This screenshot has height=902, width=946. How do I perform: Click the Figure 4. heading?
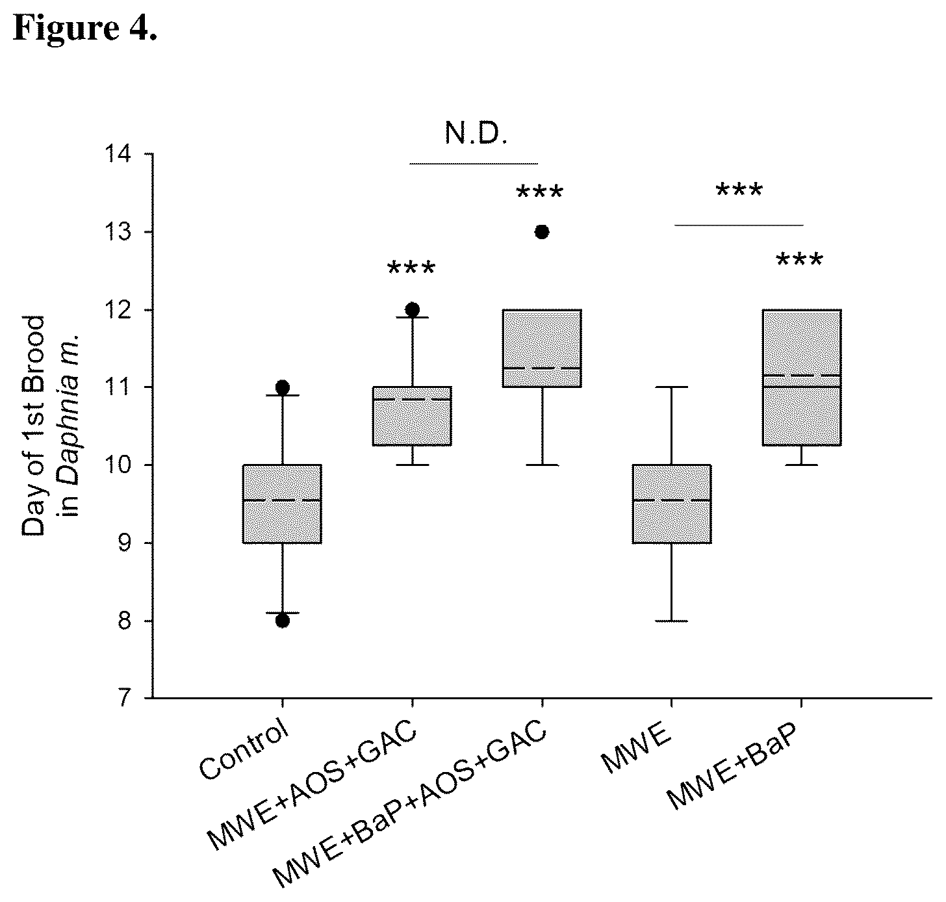point(85,28)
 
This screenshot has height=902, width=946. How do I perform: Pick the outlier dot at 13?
point(542,232)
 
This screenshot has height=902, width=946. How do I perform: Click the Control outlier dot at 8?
point(283,621)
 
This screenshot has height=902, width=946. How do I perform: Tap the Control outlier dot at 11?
point(283,387)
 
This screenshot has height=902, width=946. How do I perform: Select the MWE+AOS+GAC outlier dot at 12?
point(413,309)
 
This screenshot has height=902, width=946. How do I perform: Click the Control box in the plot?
point(282,504)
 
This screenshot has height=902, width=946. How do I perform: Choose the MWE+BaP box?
point(802,378)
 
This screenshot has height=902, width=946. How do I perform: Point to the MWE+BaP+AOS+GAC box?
point(542,348)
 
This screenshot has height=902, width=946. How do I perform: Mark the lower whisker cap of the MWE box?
point(672,621)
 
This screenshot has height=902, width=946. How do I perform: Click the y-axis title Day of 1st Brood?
point(33,426)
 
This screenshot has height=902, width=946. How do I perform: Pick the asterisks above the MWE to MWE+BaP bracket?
point(739,189)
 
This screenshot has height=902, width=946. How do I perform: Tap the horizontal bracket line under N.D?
point(474,164)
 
